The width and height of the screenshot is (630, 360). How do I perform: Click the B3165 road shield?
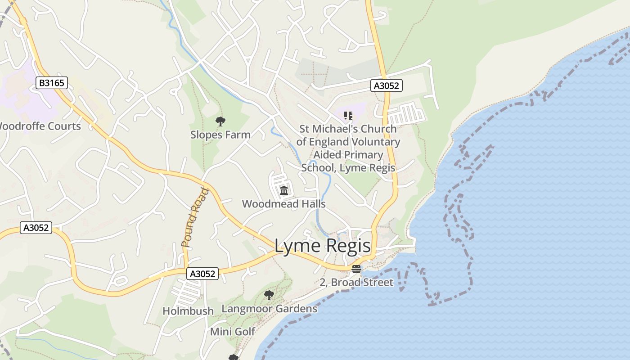(52, 83)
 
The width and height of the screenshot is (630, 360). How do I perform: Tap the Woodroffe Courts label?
(40, 126)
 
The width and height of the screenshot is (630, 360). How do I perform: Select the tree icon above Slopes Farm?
(220, 121)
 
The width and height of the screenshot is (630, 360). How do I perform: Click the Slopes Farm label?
(220, 135)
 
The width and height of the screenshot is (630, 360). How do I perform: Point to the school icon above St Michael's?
(348, 116)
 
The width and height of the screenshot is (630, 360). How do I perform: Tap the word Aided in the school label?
(329, 155)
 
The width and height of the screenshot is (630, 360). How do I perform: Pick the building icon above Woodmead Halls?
(283, 191)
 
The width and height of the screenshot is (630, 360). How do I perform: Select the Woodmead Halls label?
(283, 204)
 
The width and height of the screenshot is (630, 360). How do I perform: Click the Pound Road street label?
(196, 218)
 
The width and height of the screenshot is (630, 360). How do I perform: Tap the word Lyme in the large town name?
(297, 246)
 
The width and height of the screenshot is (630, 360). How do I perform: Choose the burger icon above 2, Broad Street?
(356, 269)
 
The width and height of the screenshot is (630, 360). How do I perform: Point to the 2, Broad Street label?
(356, 283)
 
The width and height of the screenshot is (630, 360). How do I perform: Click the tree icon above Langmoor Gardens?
(269, 295)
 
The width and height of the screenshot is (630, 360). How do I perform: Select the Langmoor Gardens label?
(269, 309)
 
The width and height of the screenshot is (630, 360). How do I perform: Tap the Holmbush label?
(188, 311)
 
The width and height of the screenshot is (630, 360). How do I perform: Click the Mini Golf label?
(233, 332)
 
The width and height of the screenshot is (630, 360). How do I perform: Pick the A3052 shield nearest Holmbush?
(202, 274)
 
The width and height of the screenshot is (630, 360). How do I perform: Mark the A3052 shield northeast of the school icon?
(386, 85)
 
